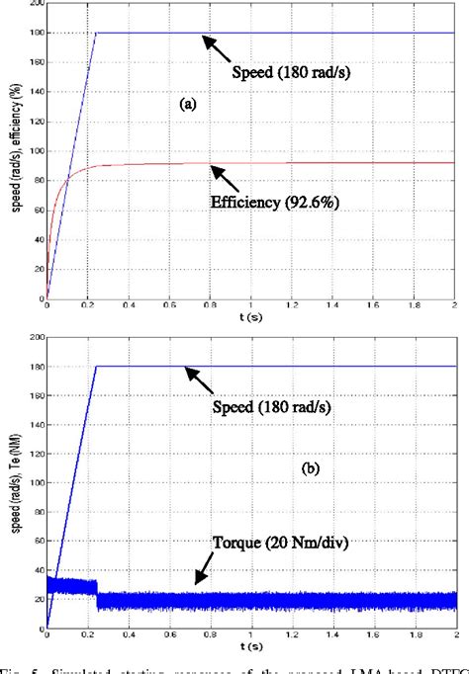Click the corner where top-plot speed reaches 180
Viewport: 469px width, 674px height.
pyautogui.click(x=96, y=33)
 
